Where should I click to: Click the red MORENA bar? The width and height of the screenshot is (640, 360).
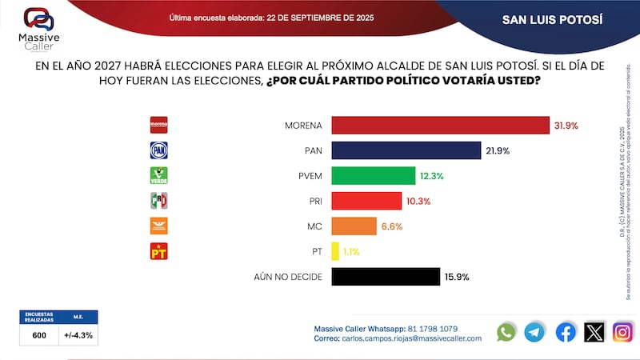point(440,126)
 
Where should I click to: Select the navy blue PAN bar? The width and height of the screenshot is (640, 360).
point(406,150)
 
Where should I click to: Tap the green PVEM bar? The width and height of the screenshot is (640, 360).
point(373,176)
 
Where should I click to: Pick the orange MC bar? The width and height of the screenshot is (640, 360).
point(354,226)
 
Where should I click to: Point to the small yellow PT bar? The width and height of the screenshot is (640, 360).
point(335,251)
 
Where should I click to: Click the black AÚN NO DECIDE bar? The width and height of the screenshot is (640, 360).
point(386,277)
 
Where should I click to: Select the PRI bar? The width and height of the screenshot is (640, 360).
point(366,201)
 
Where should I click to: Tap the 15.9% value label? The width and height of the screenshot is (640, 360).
point(456,278)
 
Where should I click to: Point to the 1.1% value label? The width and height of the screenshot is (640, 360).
point(351,252)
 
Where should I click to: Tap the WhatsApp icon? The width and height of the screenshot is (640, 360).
point(506,331)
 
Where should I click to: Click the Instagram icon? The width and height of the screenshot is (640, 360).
point(622,331)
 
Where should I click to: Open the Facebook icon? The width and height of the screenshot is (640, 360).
point(565,331)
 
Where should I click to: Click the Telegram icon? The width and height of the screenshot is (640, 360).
point(534,331)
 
